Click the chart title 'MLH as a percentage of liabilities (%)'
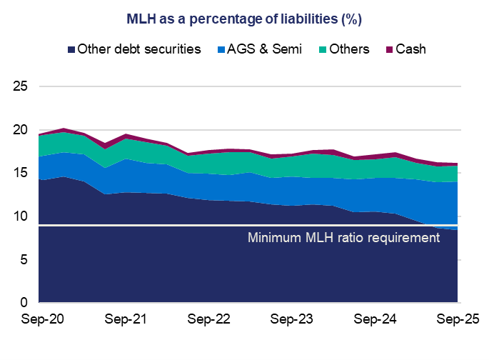click(x=244, y=19)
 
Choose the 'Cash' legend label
click(x=411, y=50)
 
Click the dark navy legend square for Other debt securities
click(x=71, y=50)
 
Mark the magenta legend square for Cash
click(x=389, y=50)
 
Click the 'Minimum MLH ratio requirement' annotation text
click(x=343, y=238)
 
